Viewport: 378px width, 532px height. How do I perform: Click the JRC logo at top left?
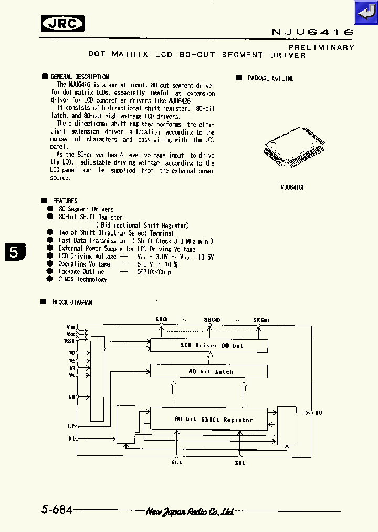coord(62,24)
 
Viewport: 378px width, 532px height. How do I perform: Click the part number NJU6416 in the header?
coord(312,33)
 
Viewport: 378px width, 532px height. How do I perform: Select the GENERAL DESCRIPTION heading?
coord(79,77)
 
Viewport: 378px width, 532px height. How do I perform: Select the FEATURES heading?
coord(65,201)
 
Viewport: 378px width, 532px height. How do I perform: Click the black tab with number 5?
coord(14,252)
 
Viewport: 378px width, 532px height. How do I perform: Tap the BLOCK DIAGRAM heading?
coord(72,302)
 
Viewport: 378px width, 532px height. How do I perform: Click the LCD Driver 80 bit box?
coord(209,346)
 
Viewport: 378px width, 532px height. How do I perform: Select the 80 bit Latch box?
coord(209,371)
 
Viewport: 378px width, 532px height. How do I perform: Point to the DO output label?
coord(319,413)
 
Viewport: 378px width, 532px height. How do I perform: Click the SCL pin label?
coord(176,463)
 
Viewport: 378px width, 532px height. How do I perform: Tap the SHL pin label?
coord(240,463)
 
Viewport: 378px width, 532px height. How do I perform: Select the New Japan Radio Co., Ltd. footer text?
coord(190,511)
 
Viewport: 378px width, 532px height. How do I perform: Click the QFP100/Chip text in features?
coord(154,272)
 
